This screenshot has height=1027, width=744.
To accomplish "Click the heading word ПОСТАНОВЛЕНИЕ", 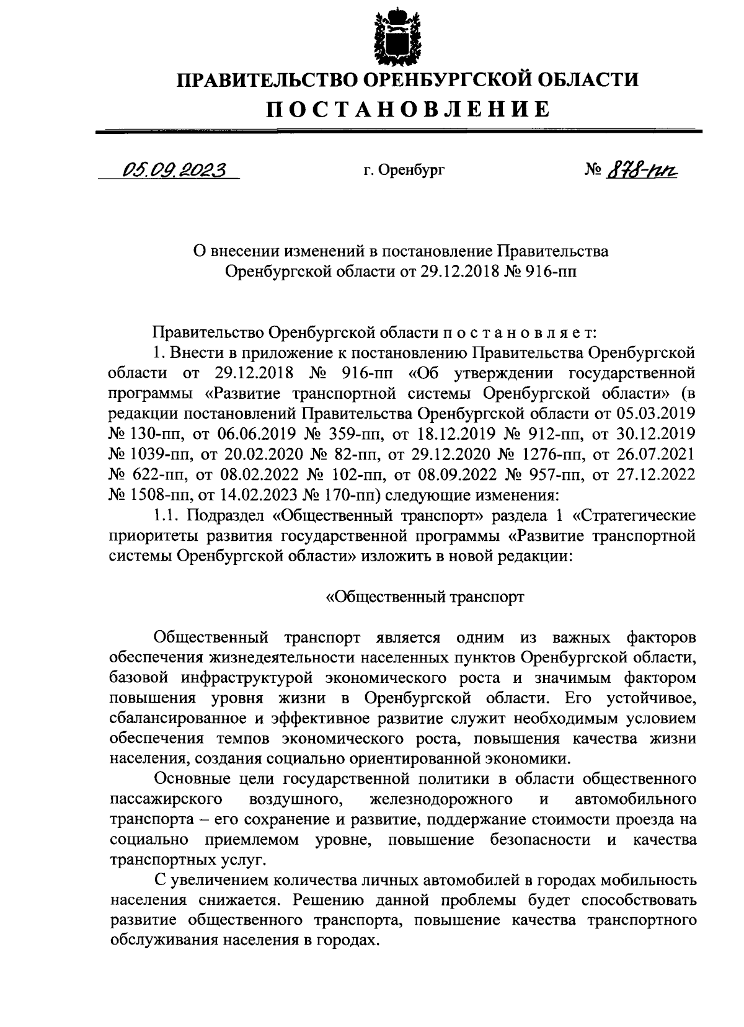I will (x=408, y=109).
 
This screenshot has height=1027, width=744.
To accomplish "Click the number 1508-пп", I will (x=148, y=495).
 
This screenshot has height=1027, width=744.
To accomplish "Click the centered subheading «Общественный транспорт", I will (x=425, y=597).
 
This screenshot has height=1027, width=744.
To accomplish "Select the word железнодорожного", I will (x=440, y=799).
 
